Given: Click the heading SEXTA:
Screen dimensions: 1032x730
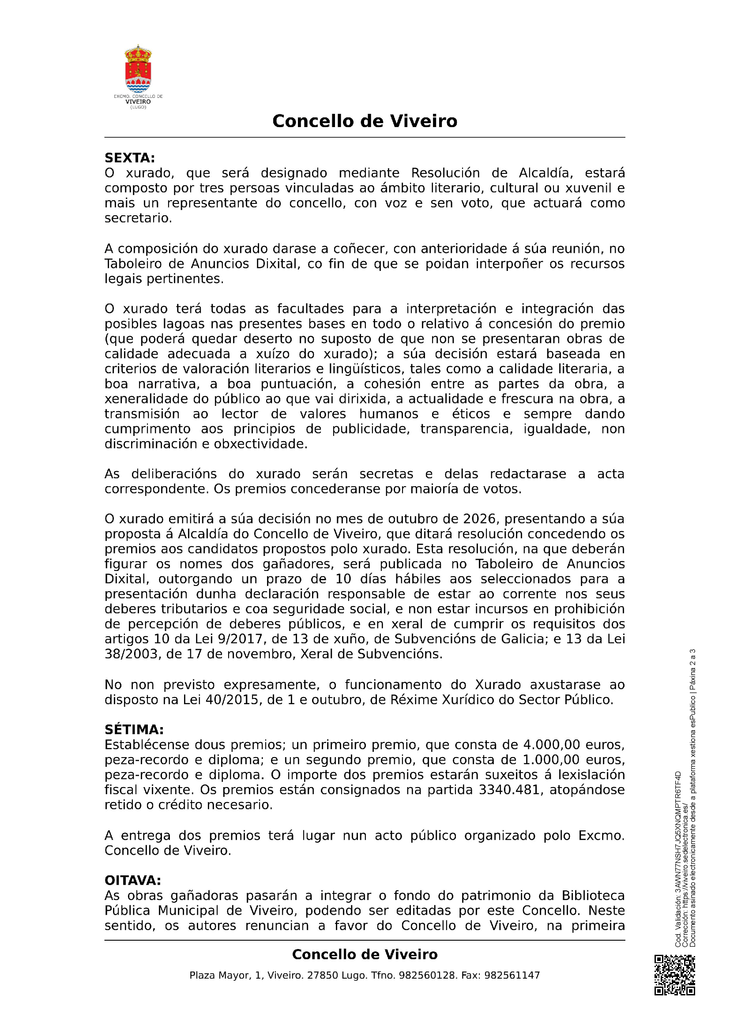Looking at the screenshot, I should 129,158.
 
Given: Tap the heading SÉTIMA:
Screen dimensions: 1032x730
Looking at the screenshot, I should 134,729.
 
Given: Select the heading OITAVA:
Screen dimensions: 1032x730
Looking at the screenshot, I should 132,880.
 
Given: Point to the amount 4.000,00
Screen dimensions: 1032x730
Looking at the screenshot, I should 552,745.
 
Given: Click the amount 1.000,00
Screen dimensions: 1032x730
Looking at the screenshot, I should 552,760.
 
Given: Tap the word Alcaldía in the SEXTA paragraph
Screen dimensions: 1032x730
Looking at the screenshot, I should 546,173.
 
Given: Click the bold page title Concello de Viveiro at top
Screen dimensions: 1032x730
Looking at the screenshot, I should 365,121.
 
